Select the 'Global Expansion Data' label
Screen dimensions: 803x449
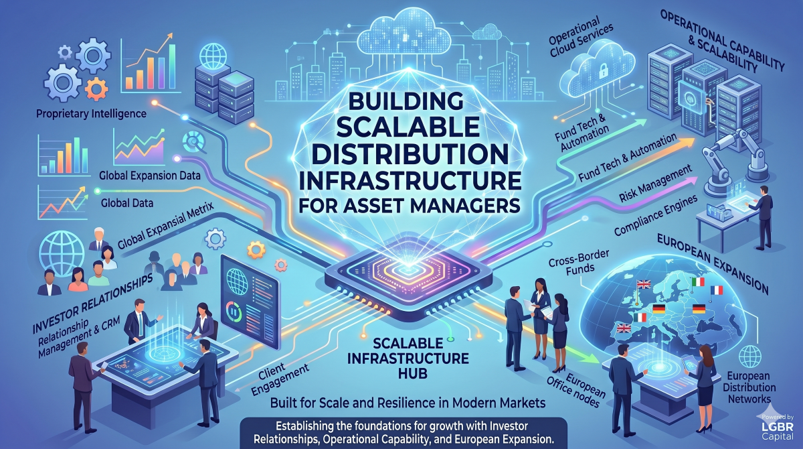coord(150,176)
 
